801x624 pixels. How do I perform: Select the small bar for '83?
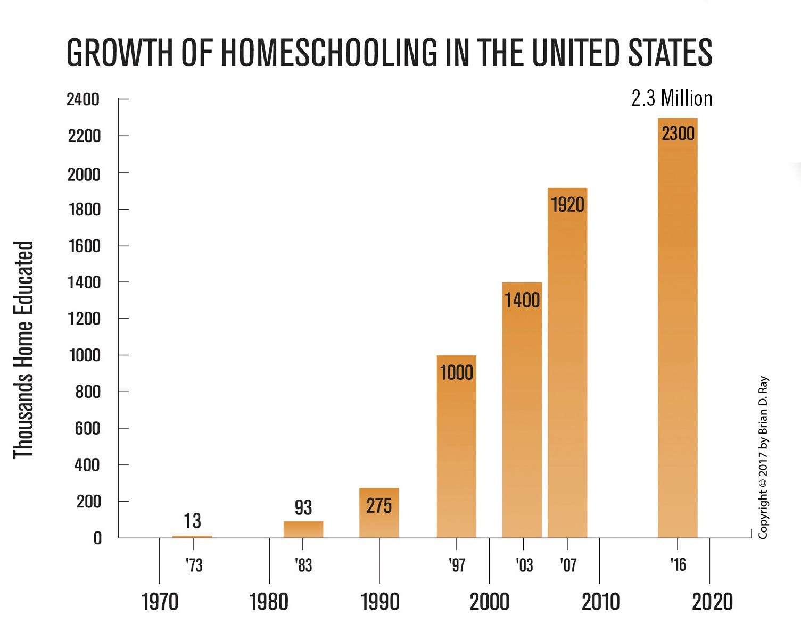click(303, 530)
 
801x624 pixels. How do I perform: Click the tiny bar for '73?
click(192, 536)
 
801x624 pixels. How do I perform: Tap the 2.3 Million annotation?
click(672, 99)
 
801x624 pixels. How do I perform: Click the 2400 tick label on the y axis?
click(83, 99)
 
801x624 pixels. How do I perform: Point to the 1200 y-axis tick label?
click(84, 319)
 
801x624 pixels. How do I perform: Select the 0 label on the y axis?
click(97, 538)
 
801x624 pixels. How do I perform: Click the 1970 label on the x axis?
click(160, 602)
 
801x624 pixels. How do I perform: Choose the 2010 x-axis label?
click(600, 602)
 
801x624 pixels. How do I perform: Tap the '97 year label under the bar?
click(457, 565)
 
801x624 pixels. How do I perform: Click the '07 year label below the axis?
click(568, 565)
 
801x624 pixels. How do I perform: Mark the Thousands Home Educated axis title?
click(23, 350)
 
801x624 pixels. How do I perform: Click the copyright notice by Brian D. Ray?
click(763, 457)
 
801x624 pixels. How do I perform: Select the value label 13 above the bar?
click(192, 521)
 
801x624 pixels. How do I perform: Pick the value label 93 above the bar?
click(303, 507)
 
